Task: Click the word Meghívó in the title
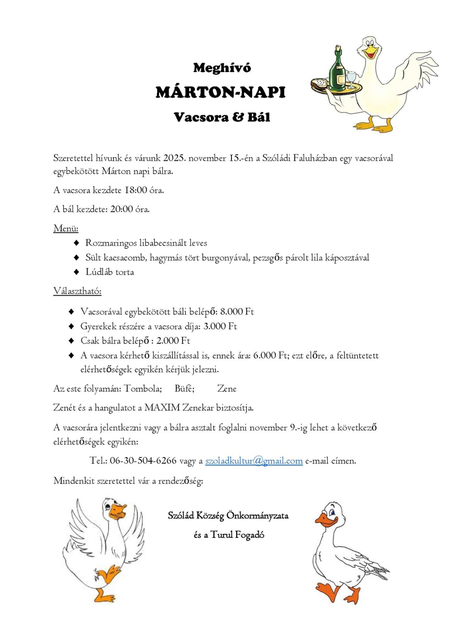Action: (222, 68)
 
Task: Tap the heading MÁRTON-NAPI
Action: (221, 92)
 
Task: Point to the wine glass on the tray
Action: (351, 79)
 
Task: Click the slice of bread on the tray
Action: (320, 83)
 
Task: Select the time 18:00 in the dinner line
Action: (136, 190)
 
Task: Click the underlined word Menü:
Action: (66, 228)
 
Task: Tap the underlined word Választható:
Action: (77, 291)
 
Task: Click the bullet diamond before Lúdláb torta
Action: (76, 272)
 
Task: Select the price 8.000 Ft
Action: (237, 311)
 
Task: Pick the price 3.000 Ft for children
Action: (220, 326)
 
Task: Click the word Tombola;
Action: (143, 389)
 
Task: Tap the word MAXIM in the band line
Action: (162, 407)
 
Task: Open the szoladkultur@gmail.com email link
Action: (254, 461)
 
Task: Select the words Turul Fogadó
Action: (237, 535)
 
